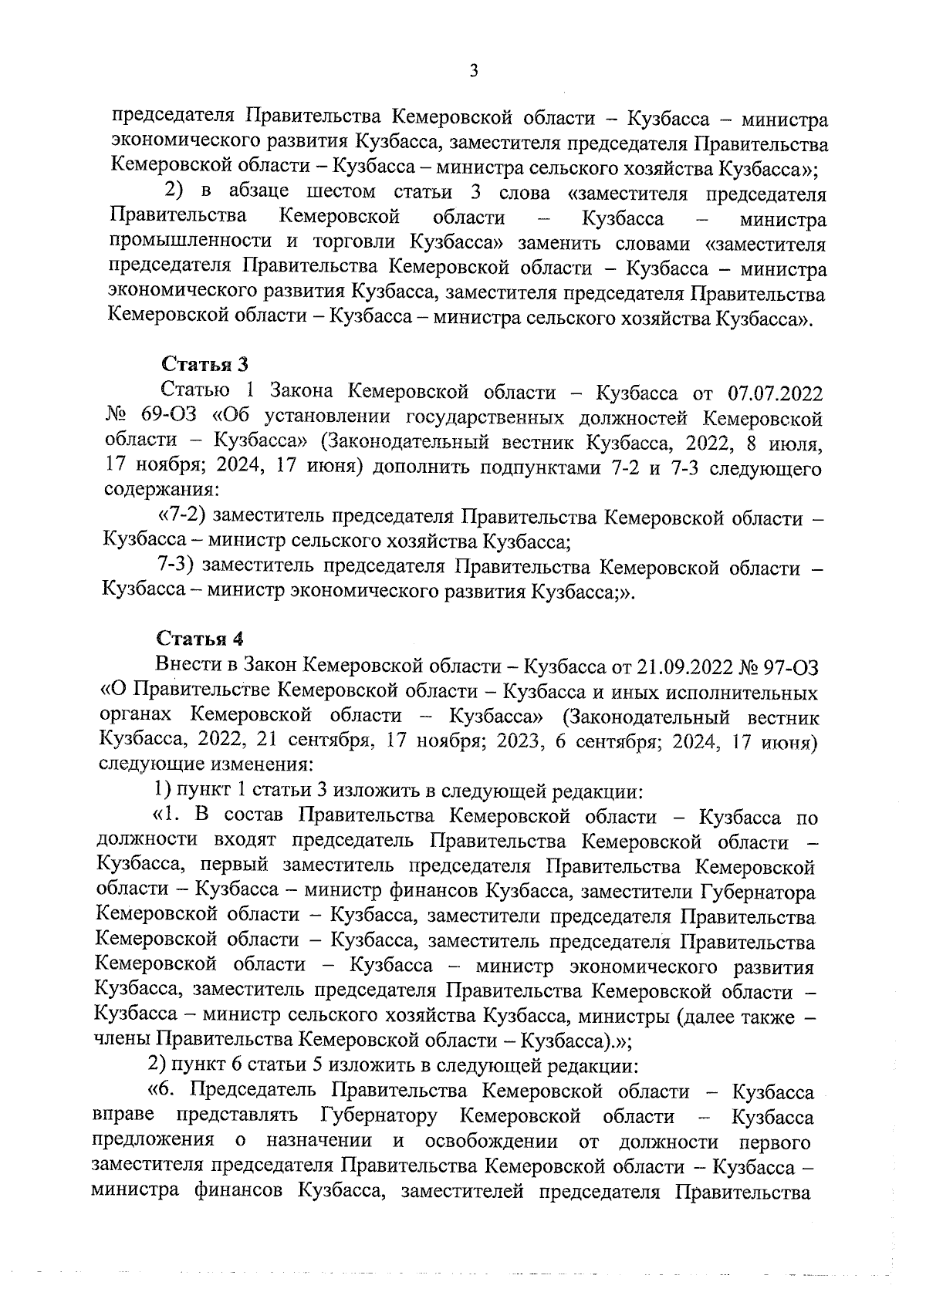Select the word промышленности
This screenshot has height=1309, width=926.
coord(191,245)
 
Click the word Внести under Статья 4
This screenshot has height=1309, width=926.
coord(184,665)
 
